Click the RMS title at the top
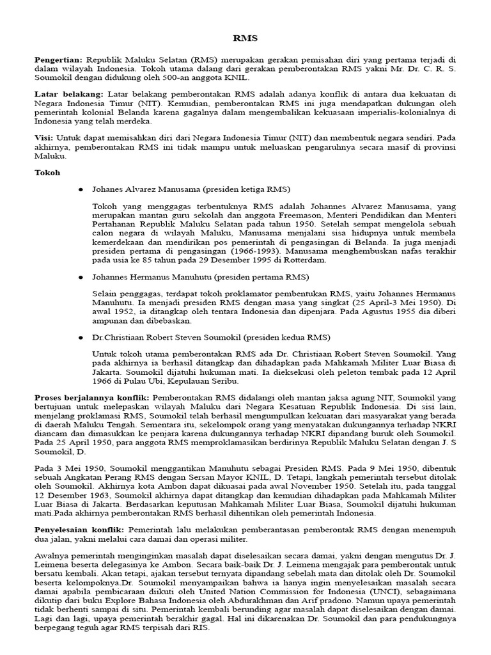click(245, 38)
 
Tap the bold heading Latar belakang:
click(70, 94)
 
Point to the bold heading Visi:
click(44, 137)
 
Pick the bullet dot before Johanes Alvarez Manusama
click(81, 190)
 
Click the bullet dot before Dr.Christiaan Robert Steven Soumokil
click(81, 337)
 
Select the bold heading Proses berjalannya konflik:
click(91, 399)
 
